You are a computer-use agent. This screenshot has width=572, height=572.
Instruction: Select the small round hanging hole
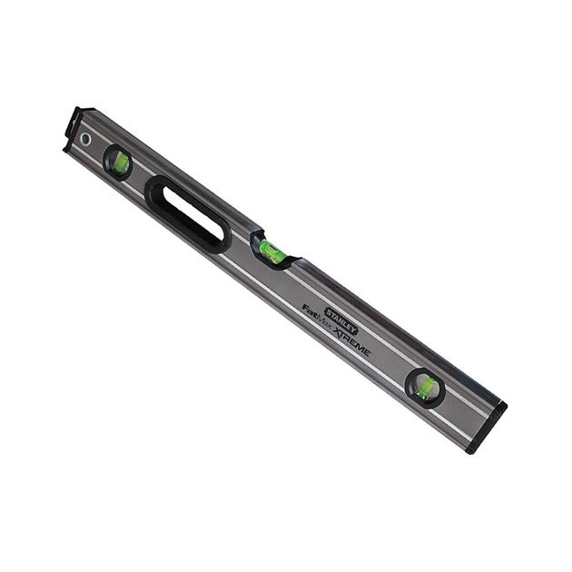(x=85, y=138)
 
